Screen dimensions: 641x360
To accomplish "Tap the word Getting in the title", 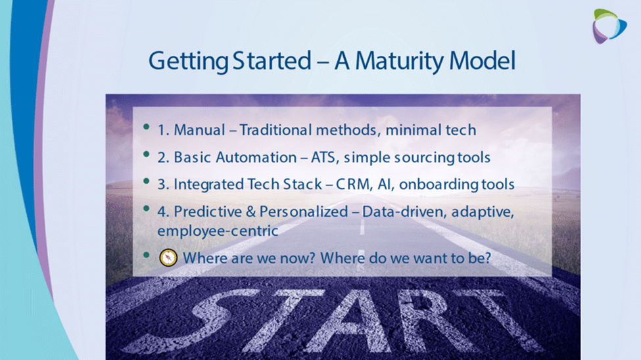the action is pyautogui.click(x=189, y=61).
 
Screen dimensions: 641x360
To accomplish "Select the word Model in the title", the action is pyautogui.click(x=482, y=60).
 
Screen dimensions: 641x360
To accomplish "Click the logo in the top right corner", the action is pyautogui.click(x=609, y=26).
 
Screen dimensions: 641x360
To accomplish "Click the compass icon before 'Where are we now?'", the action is pyautogui.click(x=168, y=258).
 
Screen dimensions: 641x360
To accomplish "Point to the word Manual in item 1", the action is pyautogui.click(x=199, y=130).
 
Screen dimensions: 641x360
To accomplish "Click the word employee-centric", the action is pyautogui.click(x=218, y=231).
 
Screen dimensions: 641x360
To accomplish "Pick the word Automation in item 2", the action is pyautogui.click(x=256, y=157).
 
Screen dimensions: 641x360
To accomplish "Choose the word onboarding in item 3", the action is pyautogui.click(x=439, y=185).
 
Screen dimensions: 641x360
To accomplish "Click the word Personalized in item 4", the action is pyautogui.click(x=304, y=212).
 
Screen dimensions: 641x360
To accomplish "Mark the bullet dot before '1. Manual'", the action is pyautogui.click(x=147, y=127).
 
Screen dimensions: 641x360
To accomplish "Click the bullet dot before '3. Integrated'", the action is pyautogui.click(x=147, y=181).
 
